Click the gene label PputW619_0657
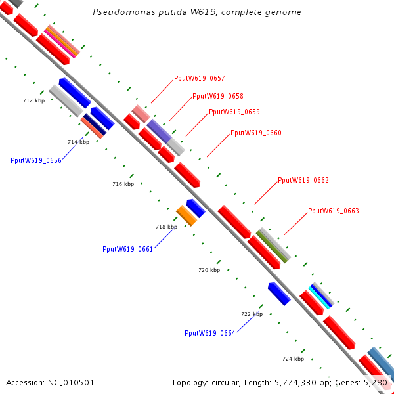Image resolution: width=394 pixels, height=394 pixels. (200, 79)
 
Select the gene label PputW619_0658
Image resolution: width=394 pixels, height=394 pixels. (218, 96)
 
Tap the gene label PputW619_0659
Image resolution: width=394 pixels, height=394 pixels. (234, 112)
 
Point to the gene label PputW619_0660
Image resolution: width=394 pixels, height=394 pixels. (256, 133)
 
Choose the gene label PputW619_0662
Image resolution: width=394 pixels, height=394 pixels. (303, 180)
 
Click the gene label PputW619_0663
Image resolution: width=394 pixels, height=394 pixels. (334, 211)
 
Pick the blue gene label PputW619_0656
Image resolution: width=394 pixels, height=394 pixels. (36, 160)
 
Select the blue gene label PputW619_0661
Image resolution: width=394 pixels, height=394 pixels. (127, 249)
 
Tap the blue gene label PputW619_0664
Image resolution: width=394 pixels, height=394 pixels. (210, 333)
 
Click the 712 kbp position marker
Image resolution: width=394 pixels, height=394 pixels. (33, 100)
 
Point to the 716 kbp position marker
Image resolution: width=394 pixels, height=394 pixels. (123, 185)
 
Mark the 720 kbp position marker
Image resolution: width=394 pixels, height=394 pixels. (209, 270)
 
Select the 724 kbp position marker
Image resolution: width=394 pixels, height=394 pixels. (293, 359)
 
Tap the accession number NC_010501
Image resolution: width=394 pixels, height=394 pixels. (51, 382)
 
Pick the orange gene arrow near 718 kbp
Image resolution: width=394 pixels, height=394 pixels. (186, 215)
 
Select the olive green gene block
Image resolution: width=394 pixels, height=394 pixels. (273, 248)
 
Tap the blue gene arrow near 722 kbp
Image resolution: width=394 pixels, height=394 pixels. (279, 294)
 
